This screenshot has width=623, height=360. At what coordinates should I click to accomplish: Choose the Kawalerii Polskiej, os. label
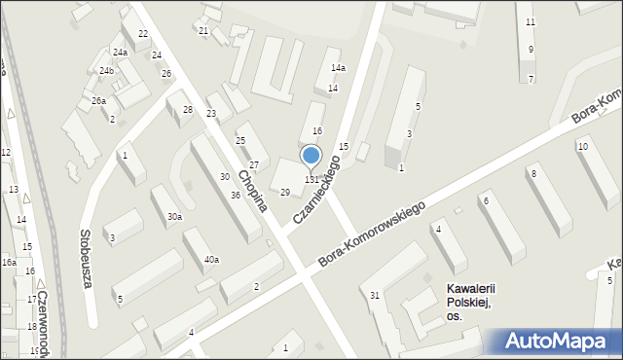pos(467,302)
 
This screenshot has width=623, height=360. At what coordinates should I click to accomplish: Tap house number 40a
pos(211,260)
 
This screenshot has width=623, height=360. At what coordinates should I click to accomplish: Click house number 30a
pos(174,217)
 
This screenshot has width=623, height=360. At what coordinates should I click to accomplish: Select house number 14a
pos(338,68)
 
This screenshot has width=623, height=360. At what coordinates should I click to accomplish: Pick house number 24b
pos(106,71)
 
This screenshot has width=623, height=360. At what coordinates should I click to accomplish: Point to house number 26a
pos(98,100)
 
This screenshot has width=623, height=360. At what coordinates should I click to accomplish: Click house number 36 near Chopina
pos(236,196)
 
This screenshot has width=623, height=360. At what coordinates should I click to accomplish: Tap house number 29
pos(285,193)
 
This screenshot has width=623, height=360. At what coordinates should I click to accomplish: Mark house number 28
pos(188,109)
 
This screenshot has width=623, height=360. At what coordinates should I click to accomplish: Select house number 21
pos(203,31)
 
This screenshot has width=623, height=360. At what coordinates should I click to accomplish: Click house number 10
pos(582,147)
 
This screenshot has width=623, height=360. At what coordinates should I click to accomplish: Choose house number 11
pos(531,21)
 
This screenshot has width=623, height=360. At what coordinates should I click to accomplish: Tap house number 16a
pos(9,263)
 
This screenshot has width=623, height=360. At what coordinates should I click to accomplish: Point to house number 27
pos(253,165)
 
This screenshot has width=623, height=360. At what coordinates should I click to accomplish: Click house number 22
pos(143,34)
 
